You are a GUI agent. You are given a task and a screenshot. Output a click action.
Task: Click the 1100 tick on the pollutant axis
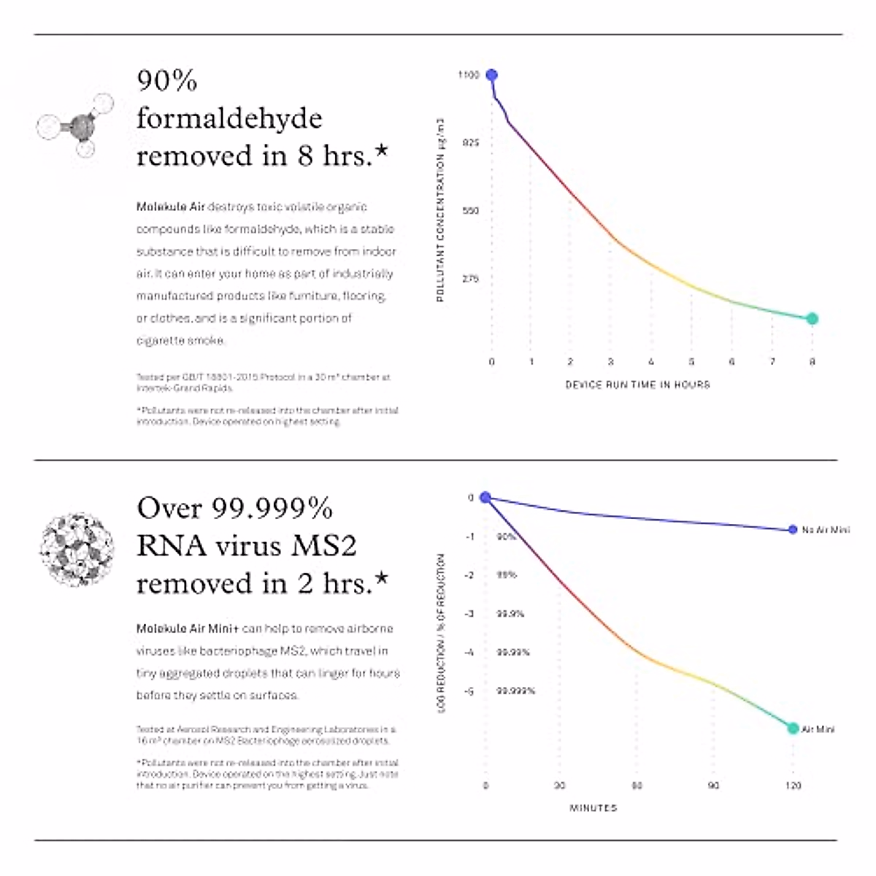click(469, 75)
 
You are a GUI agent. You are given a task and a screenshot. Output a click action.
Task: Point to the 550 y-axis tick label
click(470, 211)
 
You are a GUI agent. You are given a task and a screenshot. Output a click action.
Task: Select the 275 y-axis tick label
click(470, 279)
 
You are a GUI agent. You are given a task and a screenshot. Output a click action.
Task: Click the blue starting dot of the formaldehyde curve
click(491, 75)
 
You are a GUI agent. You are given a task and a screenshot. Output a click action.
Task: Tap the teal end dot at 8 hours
click(812, 318)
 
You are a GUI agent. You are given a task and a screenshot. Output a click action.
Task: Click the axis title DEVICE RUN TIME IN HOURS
click(637, 384)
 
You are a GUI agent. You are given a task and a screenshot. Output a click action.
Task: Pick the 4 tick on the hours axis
click(651, 361)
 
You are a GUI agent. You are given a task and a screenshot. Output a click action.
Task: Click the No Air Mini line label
click(825, 530)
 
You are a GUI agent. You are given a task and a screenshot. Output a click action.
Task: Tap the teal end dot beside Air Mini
click(793, 728)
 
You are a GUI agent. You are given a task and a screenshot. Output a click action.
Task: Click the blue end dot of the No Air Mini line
click(793, 530)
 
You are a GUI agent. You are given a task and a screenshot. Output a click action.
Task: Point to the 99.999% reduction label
click(515, 691)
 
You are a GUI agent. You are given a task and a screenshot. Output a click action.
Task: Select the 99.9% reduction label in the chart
click(510, 614)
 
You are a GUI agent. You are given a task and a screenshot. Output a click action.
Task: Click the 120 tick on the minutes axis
click(793, 785)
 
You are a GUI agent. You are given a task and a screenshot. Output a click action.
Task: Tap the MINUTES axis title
click(593, 808)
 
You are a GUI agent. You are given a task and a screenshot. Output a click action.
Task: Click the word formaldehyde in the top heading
click(229, 118)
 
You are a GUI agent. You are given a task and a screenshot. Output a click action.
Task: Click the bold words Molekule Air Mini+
click(188, 629)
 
